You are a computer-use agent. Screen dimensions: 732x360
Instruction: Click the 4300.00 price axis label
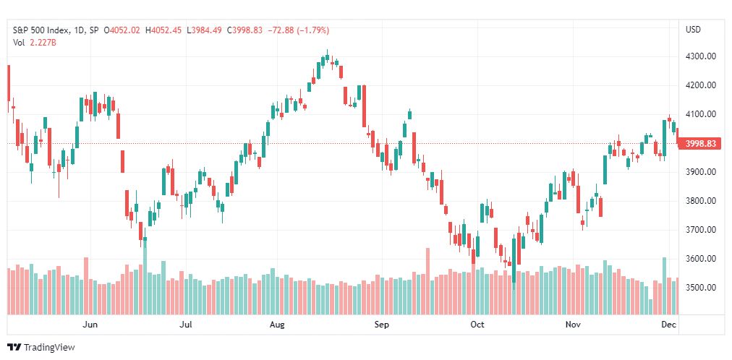pos(701,56)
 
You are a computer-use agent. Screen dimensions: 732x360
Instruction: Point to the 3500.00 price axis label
pos(701,287)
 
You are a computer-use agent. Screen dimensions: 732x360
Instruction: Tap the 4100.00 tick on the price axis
pos(701,114)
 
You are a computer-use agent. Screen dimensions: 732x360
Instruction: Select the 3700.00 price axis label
pos(701,229)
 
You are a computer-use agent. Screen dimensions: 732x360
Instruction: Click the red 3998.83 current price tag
pos(700,144)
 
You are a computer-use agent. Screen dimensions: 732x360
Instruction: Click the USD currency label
pos(693,30)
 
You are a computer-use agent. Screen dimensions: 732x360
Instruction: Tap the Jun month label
pos(90,325)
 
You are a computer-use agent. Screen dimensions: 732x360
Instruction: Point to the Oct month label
pos(478,325)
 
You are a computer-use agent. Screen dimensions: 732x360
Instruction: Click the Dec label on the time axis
pos(670,325)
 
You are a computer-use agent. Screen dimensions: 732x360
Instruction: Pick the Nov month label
pos(572,325)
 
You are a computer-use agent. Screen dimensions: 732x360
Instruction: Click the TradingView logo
pos(41,348)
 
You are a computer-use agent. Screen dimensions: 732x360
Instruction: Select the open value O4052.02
pos(122,30)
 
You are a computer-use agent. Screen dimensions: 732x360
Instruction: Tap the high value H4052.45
pos(164,30)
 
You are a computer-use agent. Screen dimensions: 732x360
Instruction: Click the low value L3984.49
pos(205,30)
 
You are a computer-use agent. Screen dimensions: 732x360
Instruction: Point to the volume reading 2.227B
pos(43,43)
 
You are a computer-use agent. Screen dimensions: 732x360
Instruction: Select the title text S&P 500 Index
pos(41,30)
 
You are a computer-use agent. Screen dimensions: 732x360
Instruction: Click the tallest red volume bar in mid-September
pos(427,281)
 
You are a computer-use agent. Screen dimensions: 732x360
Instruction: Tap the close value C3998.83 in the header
pos(245,30)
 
